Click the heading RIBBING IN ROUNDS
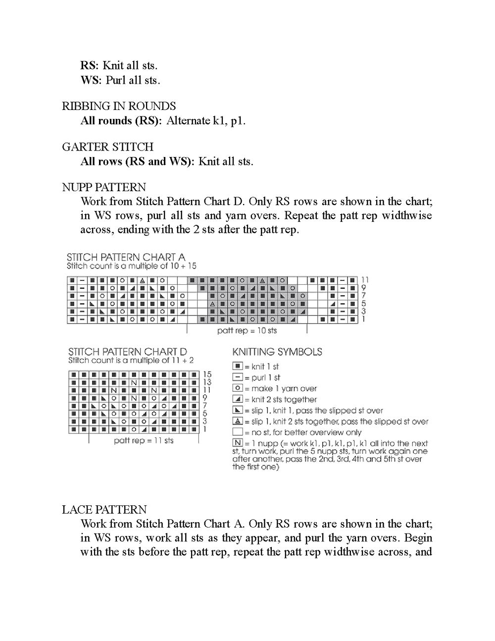coord(119,106)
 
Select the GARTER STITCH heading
coord(107,147)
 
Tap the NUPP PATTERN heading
coord(104,187)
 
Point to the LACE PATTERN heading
coord(104,510)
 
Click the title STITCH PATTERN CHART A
coord(126,257)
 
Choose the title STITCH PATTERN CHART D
coord(128,352)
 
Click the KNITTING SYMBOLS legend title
coord(277,352)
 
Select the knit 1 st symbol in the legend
coord(238,367)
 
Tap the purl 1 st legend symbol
coord(238,377)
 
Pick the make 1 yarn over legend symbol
coord(238,388)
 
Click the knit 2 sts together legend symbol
coord(238,399)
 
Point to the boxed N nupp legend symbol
coord(238,443)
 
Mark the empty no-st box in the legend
coord(238,432)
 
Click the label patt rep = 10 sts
coord(247,330)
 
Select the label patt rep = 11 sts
coord(144,440)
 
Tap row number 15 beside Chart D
coord(207,374)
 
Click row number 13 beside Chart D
coord(207,382)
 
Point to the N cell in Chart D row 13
coord(134,382)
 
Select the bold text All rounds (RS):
coord(121,121)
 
